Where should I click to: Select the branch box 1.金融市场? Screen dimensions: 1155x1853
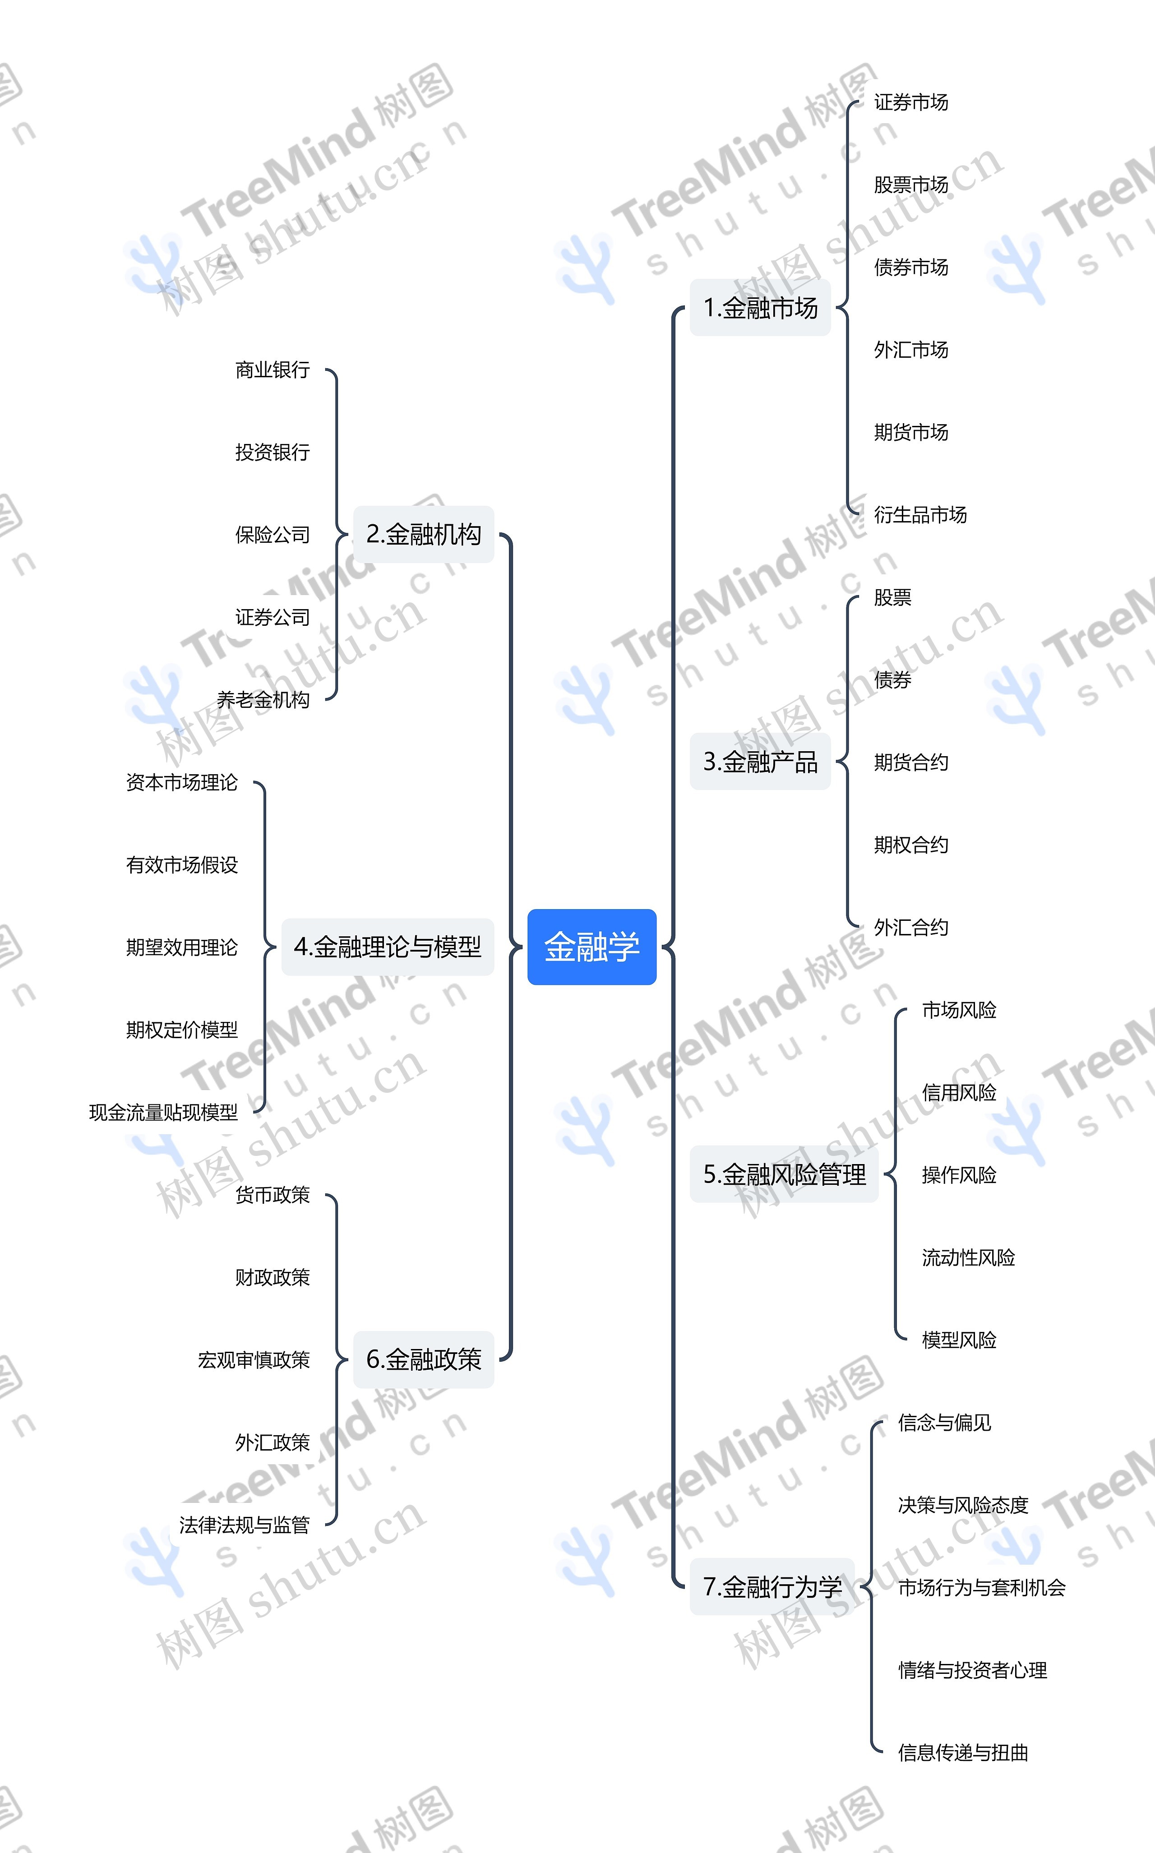[760, 307]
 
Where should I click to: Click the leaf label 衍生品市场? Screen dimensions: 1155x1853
[920, 515]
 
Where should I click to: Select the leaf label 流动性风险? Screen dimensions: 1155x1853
[968, 1257]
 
